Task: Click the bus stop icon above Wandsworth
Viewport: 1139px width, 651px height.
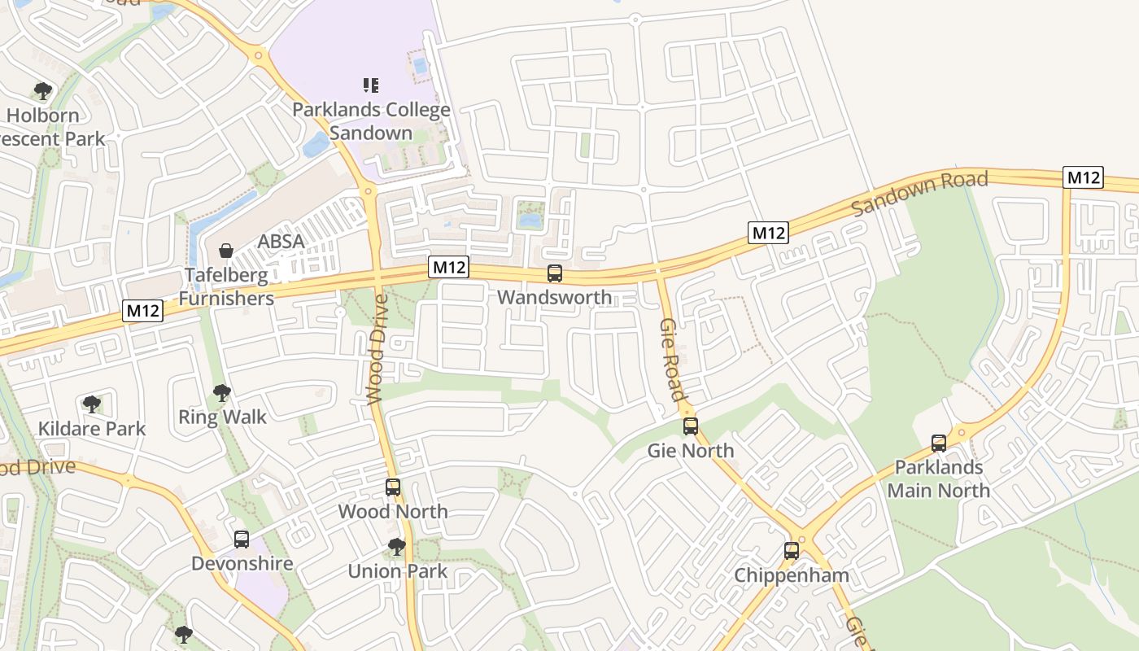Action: (555, 273)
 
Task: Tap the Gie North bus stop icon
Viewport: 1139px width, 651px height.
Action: (691, 426)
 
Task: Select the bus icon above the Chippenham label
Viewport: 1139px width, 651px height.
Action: (792, 551)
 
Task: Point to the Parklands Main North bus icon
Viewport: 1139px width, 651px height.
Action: (939, 443)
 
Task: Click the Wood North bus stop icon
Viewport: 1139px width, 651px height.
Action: (393, 487)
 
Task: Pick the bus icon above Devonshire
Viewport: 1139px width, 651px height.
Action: (242, 540)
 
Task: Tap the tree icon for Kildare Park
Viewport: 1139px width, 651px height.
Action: (92, 404)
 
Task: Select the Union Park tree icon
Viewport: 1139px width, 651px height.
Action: (397, 547)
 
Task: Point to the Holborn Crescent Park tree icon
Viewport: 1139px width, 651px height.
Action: (43, 91)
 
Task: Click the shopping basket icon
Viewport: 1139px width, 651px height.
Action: (226, 251)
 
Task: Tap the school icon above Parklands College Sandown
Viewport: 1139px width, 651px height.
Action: (371, 85)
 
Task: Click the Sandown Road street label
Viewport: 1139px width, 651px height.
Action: (919, 193)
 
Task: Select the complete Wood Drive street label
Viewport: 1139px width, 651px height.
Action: (377, 349)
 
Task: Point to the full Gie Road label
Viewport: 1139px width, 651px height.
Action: (671, 360)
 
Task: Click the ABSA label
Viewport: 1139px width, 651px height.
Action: (281, 242)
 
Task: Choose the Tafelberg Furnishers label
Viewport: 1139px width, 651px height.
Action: (226, 286)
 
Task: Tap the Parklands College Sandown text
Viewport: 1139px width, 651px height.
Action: (371, 121)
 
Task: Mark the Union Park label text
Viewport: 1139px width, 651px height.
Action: (397, 571)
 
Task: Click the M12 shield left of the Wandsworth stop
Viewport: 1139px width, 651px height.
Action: (449, 267)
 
